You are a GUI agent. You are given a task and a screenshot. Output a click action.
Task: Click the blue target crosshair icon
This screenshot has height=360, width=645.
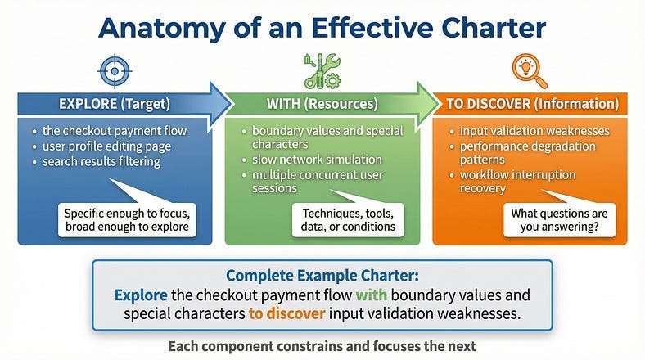(x=115, y=71)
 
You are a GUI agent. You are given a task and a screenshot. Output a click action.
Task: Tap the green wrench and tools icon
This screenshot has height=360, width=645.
(x=322, y=71)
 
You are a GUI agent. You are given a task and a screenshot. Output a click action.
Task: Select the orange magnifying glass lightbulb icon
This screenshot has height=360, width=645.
(x=530, y=71)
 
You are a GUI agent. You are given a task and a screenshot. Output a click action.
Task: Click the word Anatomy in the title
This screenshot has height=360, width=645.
(x=162, y=29)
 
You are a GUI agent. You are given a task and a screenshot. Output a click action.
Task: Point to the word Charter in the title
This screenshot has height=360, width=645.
(x=494, y=28)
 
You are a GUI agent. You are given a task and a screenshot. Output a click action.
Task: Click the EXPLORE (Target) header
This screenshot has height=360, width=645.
(x=115, y=104)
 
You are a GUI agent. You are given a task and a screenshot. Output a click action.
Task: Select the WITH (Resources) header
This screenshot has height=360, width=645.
(x=322, y=104)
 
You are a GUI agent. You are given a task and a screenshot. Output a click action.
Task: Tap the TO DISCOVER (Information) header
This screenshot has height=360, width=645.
(x=533, y=104)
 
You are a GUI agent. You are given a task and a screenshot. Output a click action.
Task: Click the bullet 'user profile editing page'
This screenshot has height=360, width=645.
(x=106, y=146)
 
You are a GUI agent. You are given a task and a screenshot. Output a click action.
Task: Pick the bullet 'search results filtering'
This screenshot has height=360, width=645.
(x=101, y=161)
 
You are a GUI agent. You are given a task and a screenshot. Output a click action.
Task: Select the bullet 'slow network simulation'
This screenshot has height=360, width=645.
(x=317, y=160)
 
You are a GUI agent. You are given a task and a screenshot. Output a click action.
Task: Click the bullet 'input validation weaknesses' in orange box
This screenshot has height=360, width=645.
(x=534, y=131)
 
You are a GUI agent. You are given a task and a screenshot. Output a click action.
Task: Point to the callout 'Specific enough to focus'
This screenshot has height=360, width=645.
(x=127, y=220)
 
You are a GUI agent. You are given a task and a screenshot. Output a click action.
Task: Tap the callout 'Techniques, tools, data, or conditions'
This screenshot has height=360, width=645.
(x=348, y=220)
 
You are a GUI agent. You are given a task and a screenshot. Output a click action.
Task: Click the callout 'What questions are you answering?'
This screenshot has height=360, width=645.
(x=559, y=220)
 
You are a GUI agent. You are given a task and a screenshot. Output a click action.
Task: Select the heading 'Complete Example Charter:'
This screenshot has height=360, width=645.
(x=322, y=276)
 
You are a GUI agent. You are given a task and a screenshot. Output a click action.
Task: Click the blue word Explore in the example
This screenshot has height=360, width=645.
(x=141, y=295)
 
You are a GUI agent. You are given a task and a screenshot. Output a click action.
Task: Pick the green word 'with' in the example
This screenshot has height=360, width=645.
(x=371, y=295)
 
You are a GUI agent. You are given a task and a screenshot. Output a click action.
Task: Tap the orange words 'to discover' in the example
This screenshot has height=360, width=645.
(x=286, y=314)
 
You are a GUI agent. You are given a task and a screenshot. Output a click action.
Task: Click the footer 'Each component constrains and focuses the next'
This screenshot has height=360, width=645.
(x=322, y=346)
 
